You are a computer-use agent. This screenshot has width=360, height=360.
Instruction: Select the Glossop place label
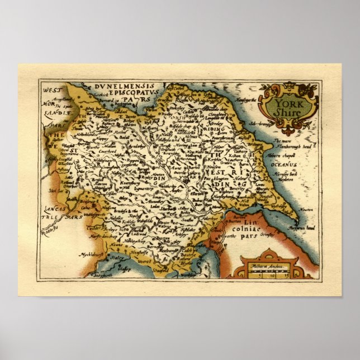pyautogui.click(x=125, y=269)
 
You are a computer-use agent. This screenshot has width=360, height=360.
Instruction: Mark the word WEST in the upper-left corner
pyautogui.click(x=51, y=89)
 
